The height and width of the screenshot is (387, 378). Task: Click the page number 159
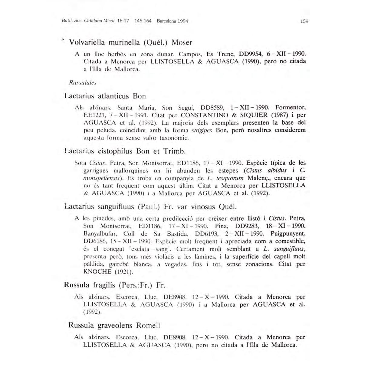click(x=304, y=21)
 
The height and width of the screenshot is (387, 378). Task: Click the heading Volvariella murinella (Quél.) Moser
click(x=131, y=42)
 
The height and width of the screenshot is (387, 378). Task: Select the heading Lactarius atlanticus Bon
click(x=105, y=96)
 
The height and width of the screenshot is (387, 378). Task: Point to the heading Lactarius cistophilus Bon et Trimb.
click(x=125, y=151)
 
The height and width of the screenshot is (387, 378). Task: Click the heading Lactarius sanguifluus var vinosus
click(x=150, y=207)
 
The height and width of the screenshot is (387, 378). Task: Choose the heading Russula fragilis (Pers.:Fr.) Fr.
click(x=115, y=285)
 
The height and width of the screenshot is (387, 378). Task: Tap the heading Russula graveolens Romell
click(x=114, y=325)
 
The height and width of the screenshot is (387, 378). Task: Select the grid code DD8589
click(x=212, y=108)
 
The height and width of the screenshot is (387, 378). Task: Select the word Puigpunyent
click(x=288, y=234)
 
